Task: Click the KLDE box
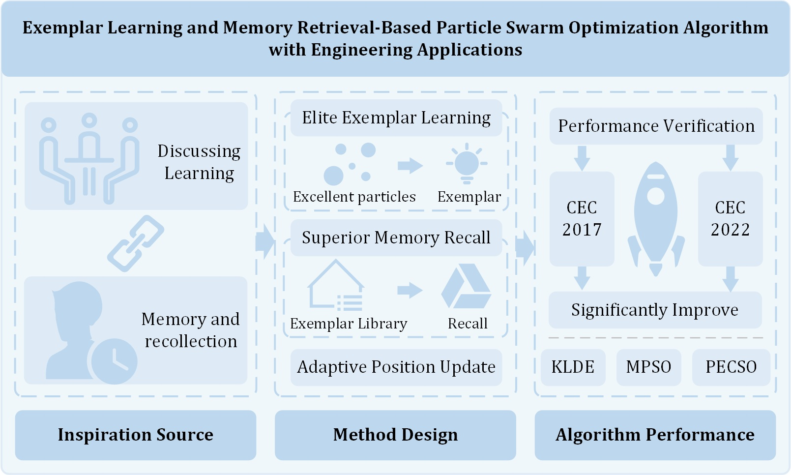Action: (573, 367)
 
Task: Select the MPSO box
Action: (648, 367)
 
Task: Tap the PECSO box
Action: (731, 367)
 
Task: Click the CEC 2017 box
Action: (582, 219)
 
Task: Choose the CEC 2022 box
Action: (730, 219)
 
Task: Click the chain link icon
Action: (136, 243)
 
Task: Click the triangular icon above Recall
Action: (466, 286)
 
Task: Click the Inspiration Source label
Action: (136, 435)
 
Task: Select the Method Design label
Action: (395, 435)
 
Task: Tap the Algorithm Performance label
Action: (655, 435)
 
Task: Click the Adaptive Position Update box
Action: (396, 367)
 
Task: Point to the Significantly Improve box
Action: (655, 310)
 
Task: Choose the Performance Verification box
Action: (656, 126)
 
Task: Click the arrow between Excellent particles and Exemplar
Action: (410, 166)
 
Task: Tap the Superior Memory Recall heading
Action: (396, 238)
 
